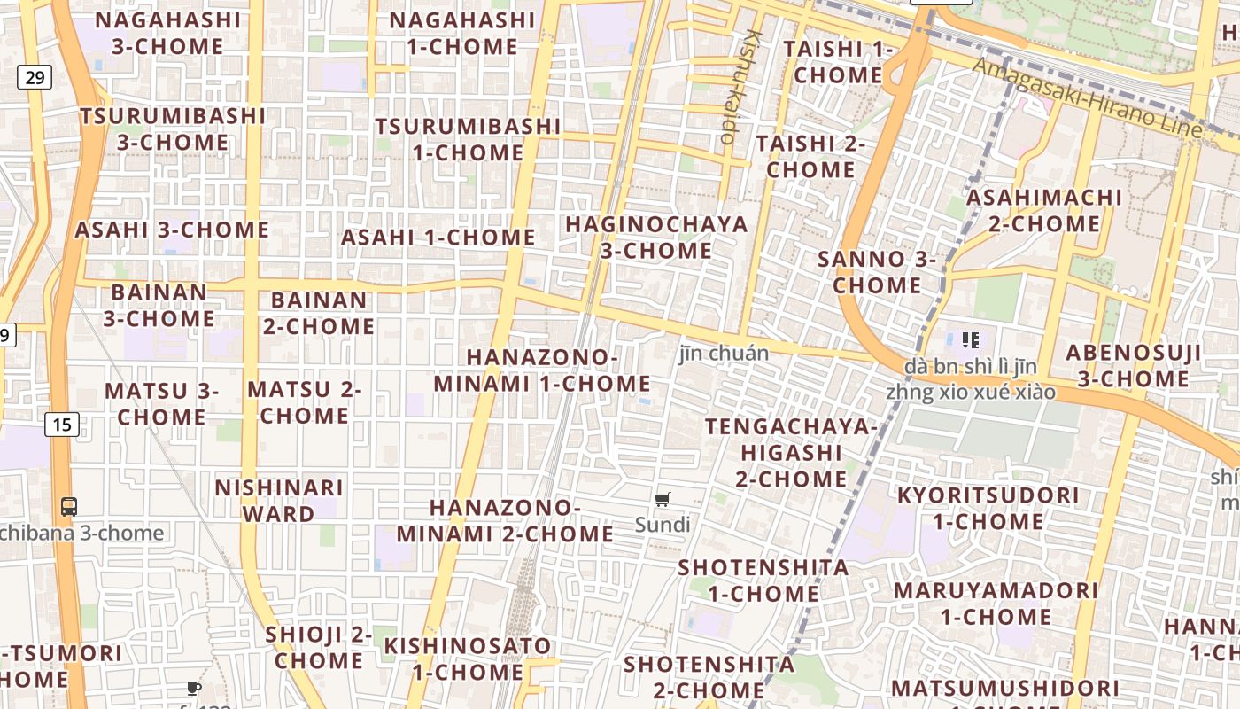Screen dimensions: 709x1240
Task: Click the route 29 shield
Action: coord(35,77)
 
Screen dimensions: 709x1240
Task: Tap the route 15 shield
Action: coord(61,425)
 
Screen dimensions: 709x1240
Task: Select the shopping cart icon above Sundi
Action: coord(662,499)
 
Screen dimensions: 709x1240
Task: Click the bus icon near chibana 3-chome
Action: coord(69,507)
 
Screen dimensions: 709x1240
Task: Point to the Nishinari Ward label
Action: coord(278,501)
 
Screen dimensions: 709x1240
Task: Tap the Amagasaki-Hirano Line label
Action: coord(1089,98)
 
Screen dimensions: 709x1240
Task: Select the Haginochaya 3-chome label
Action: coord(656,238)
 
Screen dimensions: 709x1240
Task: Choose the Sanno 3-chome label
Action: coord(877,272)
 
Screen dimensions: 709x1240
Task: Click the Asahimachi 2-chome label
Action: coord(1043,210)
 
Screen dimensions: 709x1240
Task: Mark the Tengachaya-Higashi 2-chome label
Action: coord(791,453)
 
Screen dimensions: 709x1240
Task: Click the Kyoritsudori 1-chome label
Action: coord(988,508)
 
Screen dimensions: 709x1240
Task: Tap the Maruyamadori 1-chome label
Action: coord(996,603)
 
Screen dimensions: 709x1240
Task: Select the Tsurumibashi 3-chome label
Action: coord(173,129)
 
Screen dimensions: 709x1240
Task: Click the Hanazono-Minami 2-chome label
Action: coord(505,520)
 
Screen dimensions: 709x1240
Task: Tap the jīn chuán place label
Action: coord(724,353)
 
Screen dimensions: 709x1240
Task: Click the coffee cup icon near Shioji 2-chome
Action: coord(194,688)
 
